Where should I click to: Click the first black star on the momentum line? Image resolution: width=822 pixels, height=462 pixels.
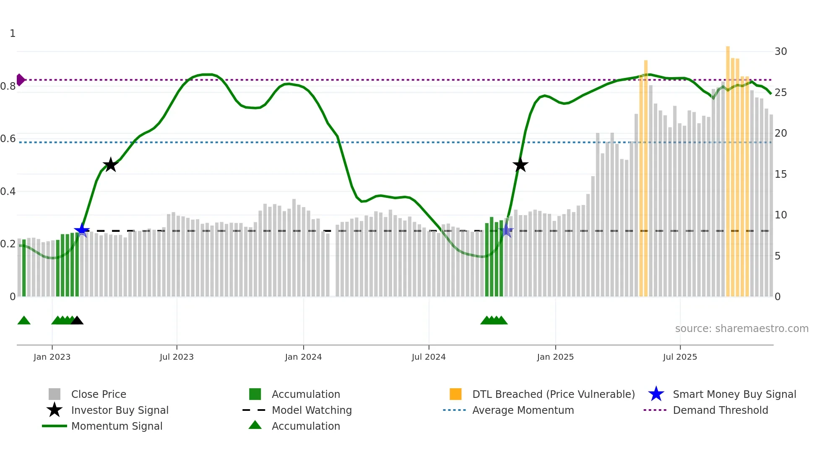(110, 165)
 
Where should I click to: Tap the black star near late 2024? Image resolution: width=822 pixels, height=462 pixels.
(520, 165)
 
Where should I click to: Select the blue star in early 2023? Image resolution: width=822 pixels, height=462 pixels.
(82, 230)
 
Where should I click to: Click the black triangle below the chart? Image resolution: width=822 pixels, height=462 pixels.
(77, 321)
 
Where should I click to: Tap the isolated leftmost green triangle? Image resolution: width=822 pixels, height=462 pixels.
(24, 321)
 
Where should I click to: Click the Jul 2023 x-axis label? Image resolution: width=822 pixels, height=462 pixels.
(177, 357)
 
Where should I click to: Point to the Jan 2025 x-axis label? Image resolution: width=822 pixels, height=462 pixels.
(555, 357)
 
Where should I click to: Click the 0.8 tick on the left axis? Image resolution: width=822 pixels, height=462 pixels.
(8, 86)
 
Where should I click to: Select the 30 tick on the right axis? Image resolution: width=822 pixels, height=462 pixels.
(780, 52)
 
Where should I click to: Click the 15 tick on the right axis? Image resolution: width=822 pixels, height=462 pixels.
(780, 174)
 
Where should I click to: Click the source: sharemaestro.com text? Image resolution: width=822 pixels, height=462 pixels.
(741, 329)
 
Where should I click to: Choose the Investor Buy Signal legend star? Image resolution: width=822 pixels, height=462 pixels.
(55, 410)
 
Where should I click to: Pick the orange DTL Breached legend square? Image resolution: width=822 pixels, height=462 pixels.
(455, 394)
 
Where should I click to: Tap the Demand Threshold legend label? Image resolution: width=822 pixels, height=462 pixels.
(720, 410)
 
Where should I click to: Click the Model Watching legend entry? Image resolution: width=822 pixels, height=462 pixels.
(311, 410)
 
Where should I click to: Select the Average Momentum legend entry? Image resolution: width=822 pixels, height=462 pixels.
(523, 410)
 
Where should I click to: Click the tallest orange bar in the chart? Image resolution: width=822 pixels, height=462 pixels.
(728, 168)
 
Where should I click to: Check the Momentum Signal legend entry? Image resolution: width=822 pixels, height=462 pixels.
(117, 426)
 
